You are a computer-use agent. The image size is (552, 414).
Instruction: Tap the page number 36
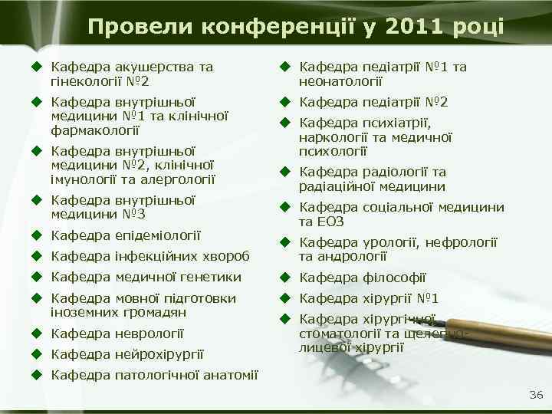[535, 395]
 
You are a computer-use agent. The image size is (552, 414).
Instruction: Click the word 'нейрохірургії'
[158, 353]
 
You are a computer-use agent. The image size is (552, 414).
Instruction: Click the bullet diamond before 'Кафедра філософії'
[283, 278]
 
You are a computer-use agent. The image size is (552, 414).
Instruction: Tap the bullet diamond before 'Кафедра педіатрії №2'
[283, 102]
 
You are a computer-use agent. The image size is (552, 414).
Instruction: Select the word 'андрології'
[353, 257]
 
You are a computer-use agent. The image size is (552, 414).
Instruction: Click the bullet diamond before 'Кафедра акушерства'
[34, 67]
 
